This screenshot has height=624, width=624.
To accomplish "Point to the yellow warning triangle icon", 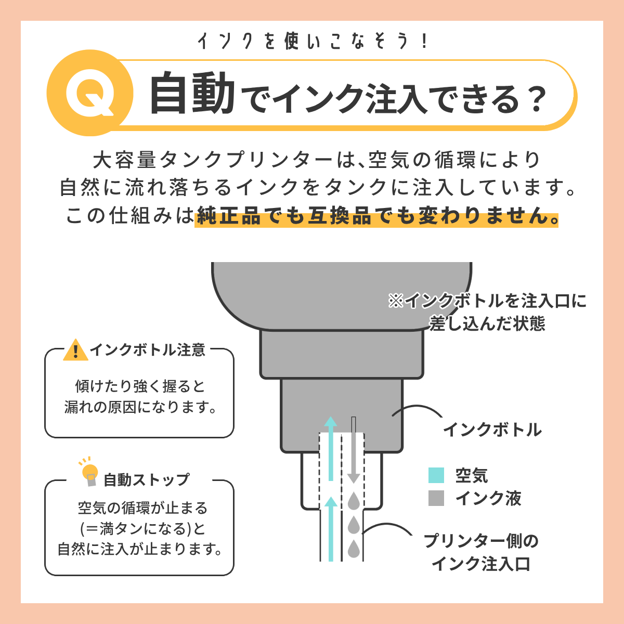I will pos(76,350).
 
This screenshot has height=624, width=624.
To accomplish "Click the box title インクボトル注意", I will pos(148,350).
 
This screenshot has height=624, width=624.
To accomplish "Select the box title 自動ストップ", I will pos(147,479).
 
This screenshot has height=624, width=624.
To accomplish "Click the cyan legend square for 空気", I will pos(436,475).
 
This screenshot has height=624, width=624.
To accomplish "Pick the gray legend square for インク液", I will pos(436,498).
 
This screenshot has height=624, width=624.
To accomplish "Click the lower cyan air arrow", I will pos(330,528).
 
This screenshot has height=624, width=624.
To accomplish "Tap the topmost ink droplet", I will pos(354,501).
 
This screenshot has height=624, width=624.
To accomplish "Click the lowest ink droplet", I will pos(354,549).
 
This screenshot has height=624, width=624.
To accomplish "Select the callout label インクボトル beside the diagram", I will pos(492,430).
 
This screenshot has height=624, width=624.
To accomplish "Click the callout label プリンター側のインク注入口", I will pos(481,552).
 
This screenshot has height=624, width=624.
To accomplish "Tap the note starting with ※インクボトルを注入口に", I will pos(487,312).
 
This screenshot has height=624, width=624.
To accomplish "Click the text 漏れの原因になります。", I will pos(140,407).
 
